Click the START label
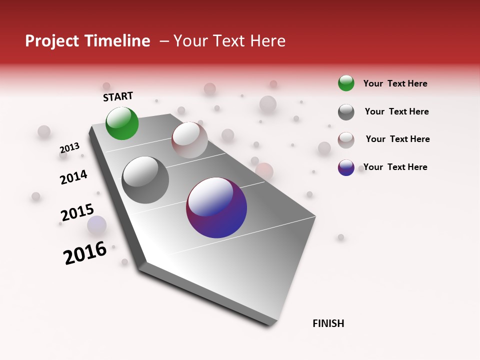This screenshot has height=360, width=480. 118,96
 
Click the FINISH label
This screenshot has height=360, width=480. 328,323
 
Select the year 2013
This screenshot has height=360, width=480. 69,148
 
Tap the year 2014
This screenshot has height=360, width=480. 73,177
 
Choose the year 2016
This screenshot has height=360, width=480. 85,253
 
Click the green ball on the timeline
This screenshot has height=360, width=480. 122,123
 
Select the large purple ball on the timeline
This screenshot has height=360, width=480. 216,207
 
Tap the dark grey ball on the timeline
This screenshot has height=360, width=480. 145,180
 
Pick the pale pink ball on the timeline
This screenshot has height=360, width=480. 189,140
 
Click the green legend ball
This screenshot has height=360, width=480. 346,83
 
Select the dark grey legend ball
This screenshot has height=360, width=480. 346,112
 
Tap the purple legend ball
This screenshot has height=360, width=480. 346,167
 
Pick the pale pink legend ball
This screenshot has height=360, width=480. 346,139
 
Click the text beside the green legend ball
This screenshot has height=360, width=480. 395,83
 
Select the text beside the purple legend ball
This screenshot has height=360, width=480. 395,167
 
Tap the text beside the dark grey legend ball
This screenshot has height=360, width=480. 396,111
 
